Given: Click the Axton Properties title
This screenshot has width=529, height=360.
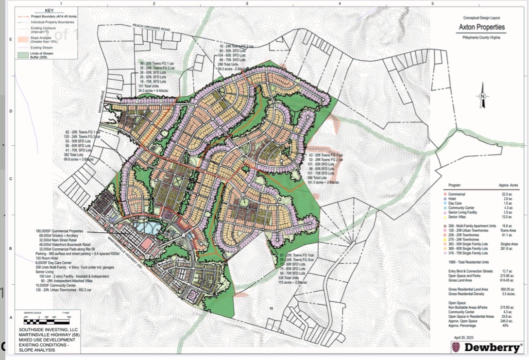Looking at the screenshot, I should [481, 27].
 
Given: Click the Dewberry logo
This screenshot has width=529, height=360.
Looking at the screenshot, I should [487, 347].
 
